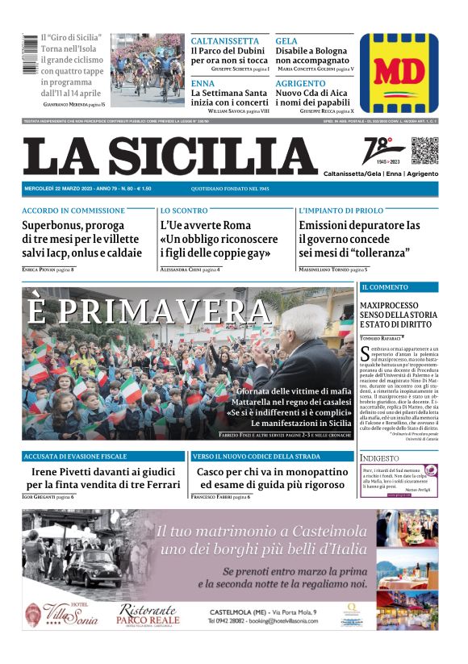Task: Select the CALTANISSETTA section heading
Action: click(225, 40)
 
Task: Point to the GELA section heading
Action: click(286, 40)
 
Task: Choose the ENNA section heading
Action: click(203, 83)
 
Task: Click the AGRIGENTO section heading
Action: click(301, 83)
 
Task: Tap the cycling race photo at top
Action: click(147, 68)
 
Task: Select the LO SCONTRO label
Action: click(184, 211)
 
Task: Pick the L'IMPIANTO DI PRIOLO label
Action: click(341, 211)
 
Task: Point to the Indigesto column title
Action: click(379, 458)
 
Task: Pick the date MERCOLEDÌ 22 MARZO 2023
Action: click(58, 188)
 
